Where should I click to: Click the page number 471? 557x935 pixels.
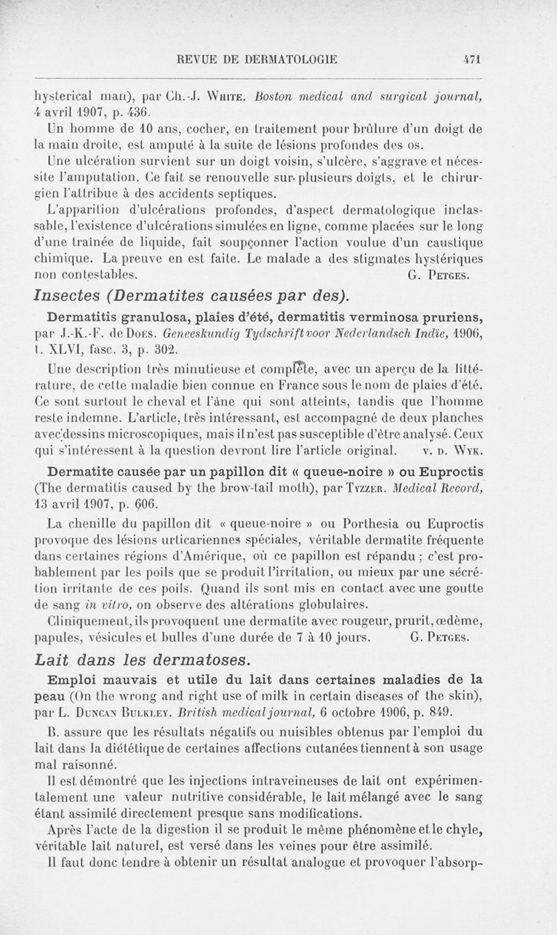click(473, 60)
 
